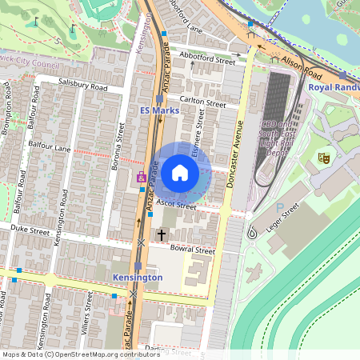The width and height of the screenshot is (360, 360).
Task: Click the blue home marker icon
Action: [x=180, y=172]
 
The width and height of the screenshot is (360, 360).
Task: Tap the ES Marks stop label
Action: [x=157, y=110]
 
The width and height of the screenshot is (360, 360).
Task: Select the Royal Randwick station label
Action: [x=334, y=87]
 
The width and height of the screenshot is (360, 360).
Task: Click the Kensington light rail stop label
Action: [x=138, y=277]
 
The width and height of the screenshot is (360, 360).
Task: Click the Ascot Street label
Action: [x=177, y=206]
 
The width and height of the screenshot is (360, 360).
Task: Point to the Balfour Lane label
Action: [x=50, y=149]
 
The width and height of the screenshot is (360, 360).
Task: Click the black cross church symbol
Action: [x=162, y=235]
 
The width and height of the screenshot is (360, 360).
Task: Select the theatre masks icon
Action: [x=323, y=158]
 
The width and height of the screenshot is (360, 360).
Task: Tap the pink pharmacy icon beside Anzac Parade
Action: [x=142, y=178]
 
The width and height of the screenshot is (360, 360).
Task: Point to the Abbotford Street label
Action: [x=207, y=59]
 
